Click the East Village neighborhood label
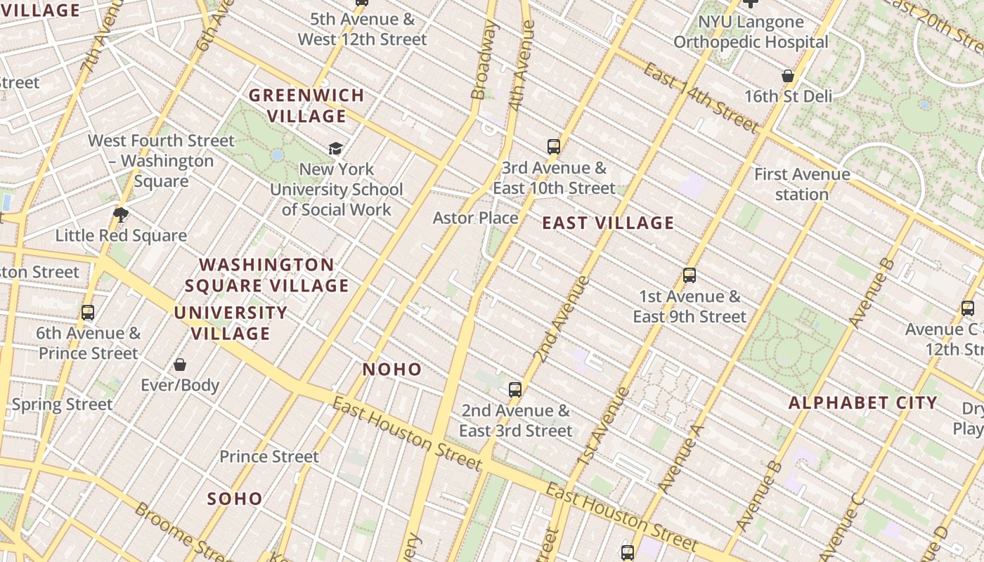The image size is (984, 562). coord(608,223)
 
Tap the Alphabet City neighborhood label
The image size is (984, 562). coord(862,403)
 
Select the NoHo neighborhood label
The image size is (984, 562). coord(392,370)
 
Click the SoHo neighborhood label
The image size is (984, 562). coord(235,499)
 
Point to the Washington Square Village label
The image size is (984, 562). coord(266,275)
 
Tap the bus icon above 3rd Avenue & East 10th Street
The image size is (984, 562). coord(554,147)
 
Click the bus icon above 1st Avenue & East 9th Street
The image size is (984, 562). coord(690,275)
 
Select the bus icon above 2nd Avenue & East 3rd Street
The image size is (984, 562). coord(515,390)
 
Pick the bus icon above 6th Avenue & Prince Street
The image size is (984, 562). coord(88,313)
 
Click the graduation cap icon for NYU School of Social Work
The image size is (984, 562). coord(336,148)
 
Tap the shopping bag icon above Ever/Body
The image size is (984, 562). coord(180,365)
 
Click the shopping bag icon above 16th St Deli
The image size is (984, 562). coord(788,76)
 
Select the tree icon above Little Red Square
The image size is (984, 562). coord(121,215)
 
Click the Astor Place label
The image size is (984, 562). coord(475,218)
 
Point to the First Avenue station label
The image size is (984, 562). coord(802,184)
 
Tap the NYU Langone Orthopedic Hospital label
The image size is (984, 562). coord(751,32)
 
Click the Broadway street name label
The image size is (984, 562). coord(484,60)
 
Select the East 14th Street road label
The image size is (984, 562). coord(700,98)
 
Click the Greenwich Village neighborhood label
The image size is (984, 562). coord(306,105)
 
